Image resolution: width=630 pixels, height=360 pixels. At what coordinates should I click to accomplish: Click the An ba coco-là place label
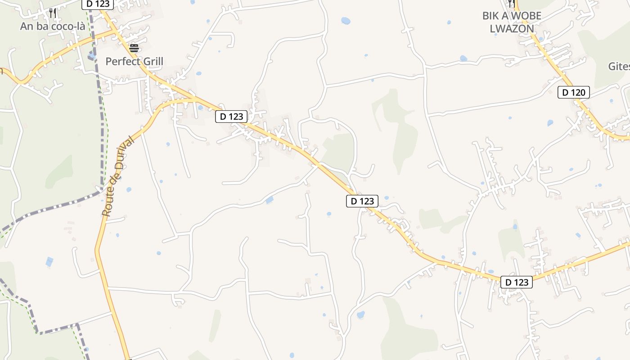(x=53, y=26)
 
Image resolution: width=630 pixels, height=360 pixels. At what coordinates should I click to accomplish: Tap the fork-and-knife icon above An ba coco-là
(x=53, y=13)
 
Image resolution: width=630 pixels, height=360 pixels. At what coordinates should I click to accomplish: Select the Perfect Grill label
(x=134, y=61)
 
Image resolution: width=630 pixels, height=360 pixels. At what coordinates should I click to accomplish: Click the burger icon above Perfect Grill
(x=134, y=48)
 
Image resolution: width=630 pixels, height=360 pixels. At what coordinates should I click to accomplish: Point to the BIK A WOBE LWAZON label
(x=512, y=22)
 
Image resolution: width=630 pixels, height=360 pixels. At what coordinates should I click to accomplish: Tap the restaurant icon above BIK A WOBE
(x=511, y=3)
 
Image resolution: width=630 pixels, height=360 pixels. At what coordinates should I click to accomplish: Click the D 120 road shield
(x=574, y=93)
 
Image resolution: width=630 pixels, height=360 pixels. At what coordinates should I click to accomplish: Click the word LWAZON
(x=512, y=29)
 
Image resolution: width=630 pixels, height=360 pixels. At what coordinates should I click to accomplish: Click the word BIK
(x=490, y=16)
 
